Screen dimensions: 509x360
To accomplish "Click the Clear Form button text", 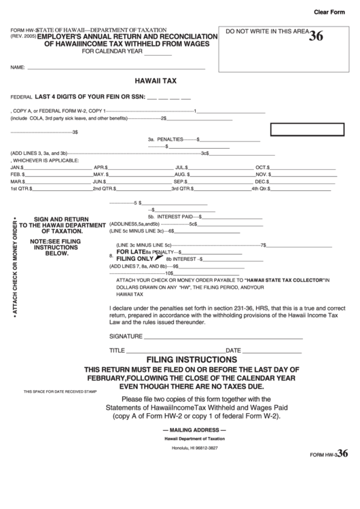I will click(x=332, y=12).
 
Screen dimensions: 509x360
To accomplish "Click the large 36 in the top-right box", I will click(x=316, y=37).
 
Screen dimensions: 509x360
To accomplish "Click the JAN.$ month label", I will click(x=18, y=166).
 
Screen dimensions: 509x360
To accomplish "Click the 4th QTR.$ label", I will click(x=262, y=189).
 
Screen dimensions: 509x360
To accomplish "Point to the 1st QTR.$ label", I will click(x=20, y=189).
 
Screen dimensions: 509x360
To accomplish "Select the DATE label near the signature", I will click(x=234, y=350).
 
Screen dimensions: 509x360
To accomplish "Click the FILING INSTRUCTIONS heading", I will click(x=192, y=359).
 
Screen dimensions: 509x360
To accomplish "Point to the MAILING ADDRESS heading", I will click(x=191, y=430).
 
